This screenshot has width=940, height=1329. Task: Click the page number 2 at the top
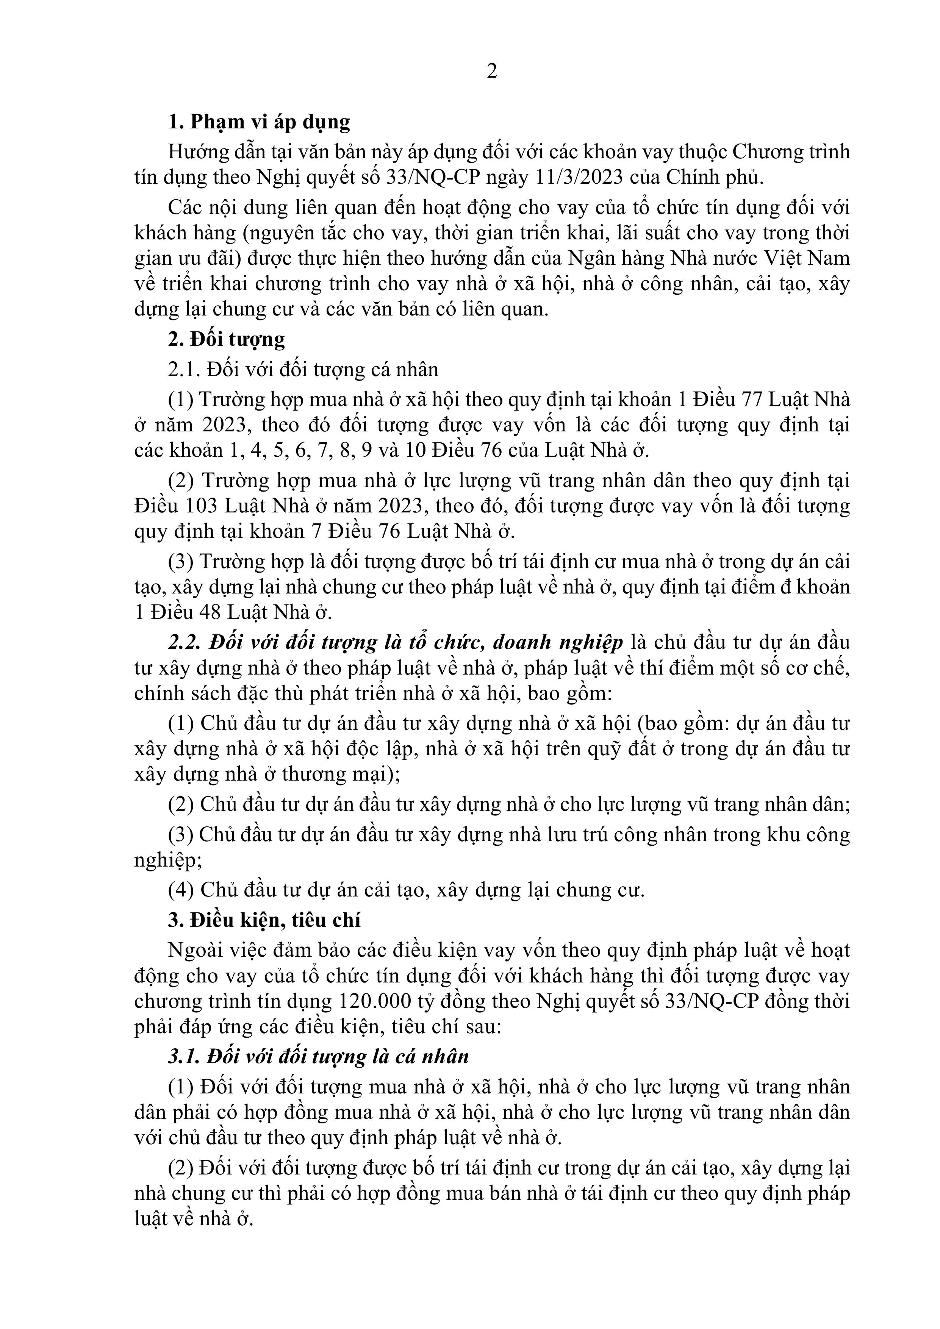tap(492, 71)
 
